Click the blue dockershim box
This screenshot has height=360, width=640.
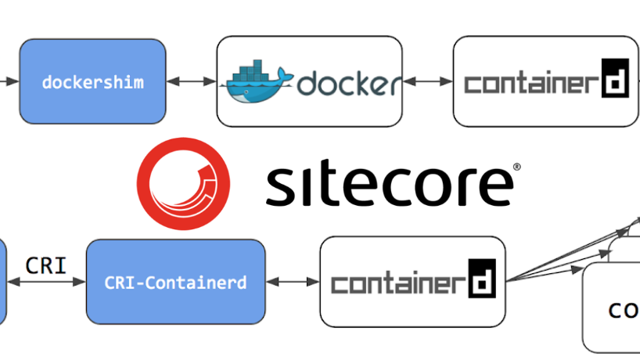click(92, 81)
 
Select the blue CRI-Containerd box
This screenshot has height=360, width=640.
click(175, 282)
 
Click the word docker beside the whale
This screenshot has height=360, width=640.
click(349, 83)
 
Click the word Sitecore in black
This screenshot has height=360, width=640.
click(388, 185)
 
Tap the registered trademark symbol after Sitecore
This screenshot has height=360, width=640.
click(516, 167)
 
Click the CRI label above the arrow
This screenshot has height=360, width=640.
click(45, 265)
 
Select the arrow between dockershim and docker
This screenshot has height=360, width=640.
click(191, 81)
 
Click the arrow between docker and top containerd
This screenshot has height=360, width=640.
click(427, 81)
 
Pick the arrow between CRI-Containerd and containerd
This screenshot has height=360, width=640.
click(292, 282)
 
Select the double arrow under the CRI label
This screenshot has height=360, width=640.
click(45, 283)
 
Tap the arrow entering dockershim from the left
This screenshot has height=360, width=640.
click(8, 81)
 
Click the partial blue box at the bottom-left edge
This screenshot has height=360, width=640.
click(2, 282)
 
